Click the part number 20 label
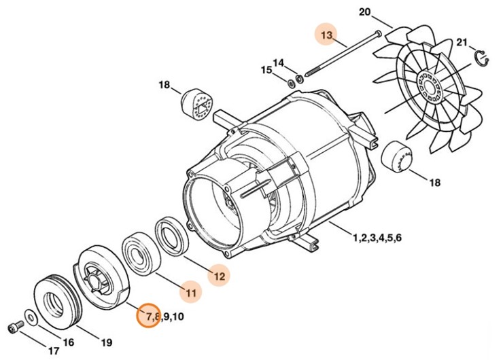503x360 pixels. [x=364, y=13]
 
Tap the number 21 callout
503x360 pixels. [x=463, y=43]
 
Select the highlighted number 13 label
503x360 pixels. [x=328, y=34]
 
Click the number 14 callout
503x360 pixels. [x=279, y=62]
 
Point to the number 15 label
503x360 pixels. [x=267, y=70]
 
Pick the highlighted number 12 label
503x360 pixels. [x=219, y=275]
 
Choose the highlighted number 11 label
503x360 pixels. [x=191, y=293]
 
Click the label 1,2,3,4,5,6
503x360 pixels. [x=377, y=238]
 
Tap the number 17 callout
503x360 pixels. [x=53, y=351]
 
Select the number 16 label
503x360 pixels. [x=69, y=342]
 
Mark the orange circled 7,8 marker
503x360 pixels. [x=148, y=316]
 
